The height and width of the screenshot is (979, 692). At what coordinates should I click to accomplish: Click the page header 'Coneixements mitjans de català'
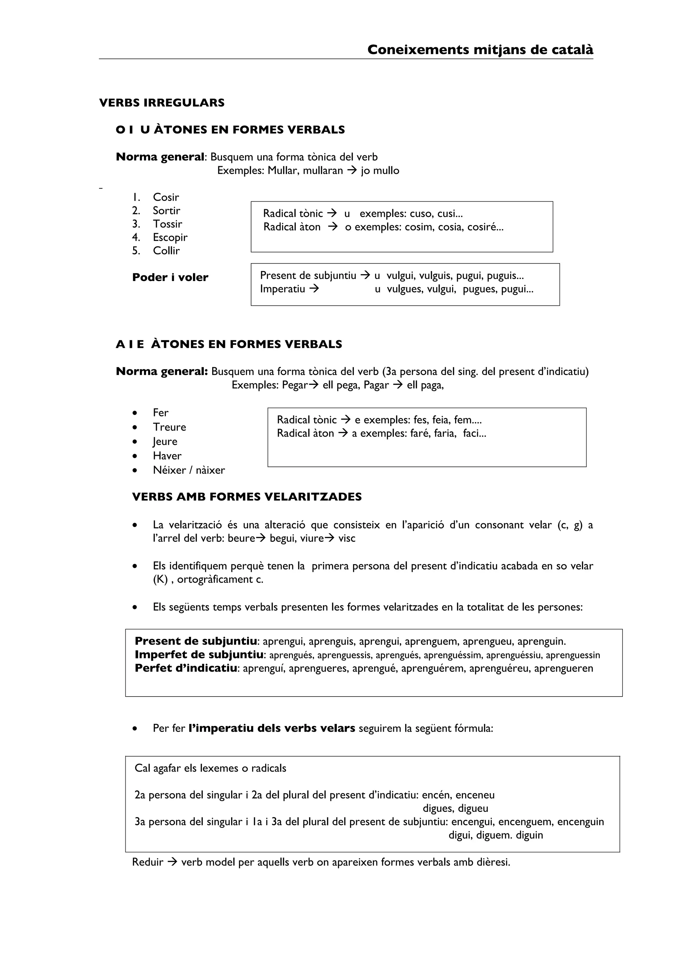(x=480, y=50)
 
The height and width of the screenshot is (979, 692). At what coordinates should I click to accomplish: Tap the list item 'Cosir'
(x=166, y=197)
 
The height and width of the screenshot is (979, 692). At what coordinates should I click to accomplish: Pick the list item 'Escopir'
(x=170, y=237)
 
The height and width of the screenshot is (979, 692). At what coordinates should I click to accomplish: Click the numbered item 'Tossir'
(x=167, y=224)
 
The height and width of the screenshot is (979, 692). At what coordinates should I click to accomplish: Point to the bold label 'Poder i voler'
(x=170, y=278)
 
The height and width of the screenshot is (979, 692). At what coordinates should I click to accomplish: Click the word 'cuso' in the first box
(x=421, y=214)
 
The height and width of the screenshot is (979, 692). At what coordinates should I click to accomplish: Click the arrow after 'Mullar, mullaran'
(x=352, y=171)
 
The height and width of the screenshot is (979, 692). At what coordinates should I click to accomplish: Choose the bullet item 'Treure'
(x=169, y=427)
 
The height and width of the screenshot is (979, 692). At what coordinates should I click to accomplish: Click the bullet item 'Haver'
(x=167, y=455)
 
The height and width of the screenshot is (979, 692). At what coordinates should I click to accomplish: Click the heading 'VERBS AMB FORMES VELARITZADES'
(x=247, y=497)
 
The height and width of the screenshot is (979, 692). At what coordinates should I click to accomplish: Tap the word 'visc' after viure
(x=347, y=538)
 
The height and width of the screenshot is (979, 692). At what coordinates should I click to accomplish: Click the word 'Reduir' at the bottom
(x=148, y=862)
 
